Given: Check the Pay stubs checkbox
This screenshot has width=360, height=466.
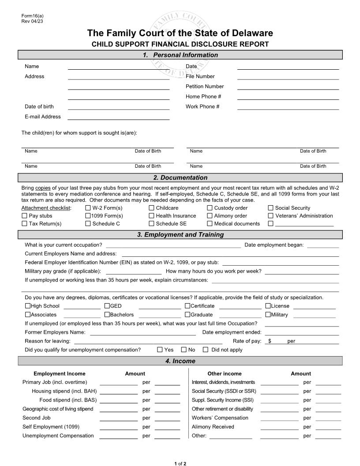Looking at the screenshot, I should point(24,216).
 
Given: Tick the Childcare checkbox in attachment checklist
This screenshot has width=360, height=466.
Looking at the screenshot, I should point(151,208).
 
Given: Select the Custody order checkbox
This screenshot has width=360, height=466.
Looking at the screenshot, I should point(210,208).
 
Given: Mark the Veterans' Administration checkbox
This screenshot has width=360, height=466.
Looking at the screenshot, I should point(271,216).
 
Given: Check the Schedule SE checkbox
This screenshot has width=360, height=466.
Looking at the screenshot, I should point(151,224).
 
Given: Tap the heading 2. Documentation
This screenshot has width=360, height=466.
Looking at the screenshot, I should point(180,177).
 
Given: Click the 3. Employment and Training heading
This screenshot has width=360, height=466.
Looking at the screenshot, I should point(180,235).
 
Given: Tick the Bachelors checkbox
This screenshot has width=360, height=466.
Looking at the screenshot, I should point(107,315).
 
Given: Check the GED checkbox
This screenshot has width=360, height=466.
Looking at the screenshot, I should point(107,306).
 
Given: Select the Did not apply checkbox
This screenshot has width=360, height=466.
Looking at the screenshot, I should point(205,350).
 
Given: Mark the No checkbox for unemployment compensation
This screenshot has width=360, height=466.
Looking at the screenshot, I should point(184,350).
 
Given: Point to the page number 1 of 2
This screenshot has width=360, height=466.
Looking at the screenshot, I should point(180,463).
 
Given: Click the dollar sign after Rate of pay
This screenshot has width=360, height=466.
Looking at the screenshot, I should point(270,341).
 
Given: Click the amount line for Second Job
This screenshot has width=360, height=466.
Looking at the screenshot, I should point(118,418).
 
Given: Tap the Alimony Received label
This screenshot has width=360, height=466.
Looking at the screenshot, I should point(213,427).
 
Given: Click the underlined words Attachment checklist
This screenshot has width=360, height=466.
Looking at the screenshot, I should point(46,208).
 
